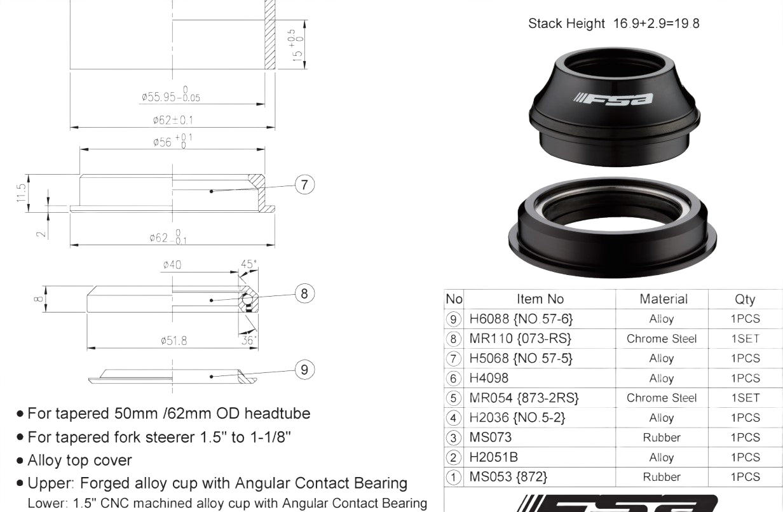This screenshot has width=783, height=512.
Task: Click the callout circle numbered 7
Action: coord(304,185)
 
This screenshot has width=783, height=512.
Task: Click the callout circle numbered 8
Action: coord(304,293)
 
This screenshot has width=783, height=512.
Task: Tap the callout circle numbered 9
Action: coord(304,369)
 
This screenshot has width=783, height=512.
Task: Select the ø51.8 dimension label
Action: coord(174,340)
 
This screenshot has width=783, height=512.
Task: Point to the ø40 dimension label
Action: coord(172,264)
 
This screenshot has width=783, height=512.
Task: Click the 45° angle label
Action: coord(249,264)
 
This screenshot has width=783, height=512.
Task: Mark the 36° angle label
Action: coord(249,340)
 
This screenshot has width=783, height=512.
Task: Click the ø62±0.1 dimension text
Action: coord(173,119)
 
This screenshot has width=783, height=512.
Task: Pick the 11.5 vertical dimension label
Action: coord(22,193)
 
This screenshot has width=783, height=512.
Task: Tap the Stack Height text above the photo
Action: coord(613,24)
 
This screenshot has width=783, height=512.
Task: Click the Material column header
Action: coord(663,299)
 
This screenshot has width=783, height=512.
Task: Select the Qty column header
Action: coord(745,299)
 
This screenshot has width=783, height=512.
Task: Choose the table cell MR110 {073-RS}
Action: coord(520,339)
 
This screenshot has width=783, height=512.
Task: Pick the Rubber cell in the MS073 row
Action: coord(662,437)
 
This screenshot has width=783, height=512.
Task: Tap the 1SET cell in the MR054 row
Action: coord(745,398)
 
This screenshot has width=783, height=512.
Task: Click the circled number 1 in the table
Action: coord(453,476)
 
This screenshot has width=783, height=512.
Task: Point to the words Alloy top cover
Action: coord(79,460)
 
